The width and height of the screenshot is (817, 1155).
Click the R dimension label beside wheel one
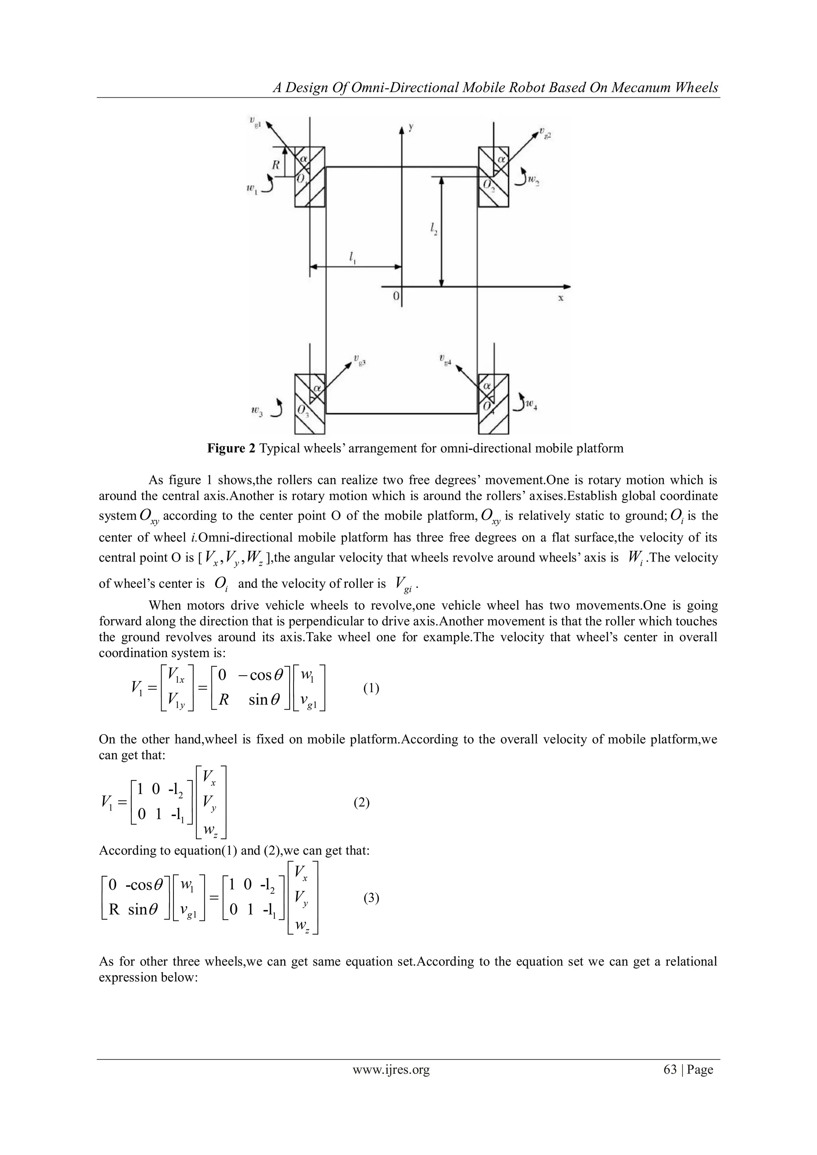pyautogui.click(x=276, y=164)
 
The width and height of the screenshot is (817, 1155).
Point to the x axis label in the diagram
pyautogui.click(x=560, y=298)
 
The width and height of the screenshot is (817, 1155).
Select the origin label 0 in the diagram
pyautogui.click(x=396, y=297)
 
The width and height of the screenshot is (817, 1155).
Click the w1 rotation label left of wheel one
pyautogui.click(x=252, y=189)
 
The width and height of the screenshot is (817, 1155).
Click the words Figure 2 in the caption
pyautogui.click(x=231, y=448)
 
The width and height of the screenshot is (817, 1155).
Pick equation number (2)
pyautogui.click(x=361, y=803)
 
